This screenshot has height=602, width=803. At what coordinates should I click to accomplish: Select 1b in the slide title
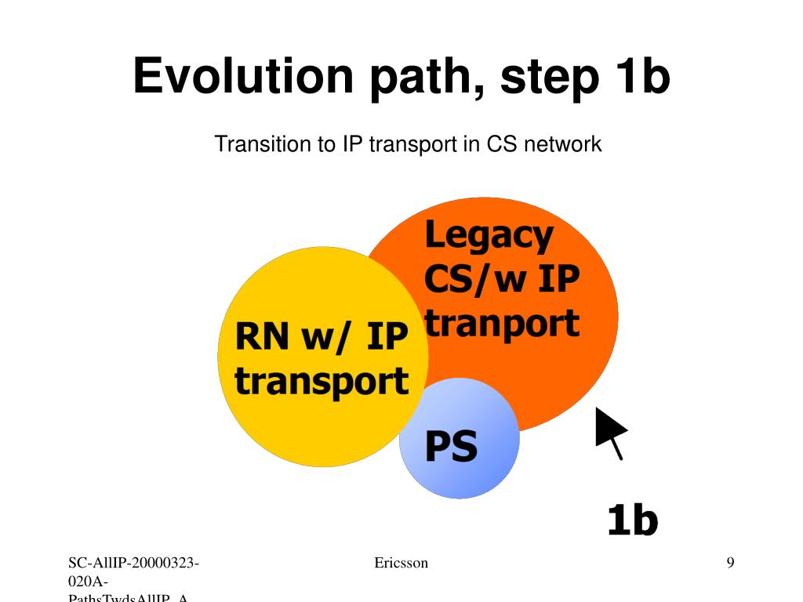635,76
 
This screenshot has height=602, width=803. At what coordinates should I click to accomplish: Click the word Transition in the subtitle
263,144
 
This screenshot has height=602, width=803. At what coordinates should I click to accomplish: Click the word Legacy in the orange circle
489,236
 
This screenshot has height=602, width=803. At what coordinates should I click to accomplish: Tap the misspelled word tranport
502,323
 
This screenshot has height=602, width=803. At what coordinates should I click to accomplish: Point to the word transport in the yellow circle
322,382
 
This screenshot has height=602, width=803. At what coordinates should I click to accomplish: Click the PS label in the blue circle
451,447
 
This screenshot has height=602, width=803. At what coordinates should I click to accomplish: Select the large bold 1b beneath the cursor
632,520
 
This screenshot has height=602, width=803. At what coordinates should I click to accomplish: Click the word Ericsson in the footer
401,563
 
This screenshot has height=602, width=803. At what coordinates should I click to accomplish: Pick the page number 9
730,563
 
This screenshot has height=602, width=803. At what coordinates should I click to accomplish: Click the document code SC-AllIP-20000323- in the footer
133,563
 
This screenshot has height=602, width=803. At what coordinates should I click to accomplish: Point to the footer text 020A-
88,581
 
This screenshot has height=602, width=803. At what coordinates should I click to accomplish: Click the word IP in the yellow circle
387,338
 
